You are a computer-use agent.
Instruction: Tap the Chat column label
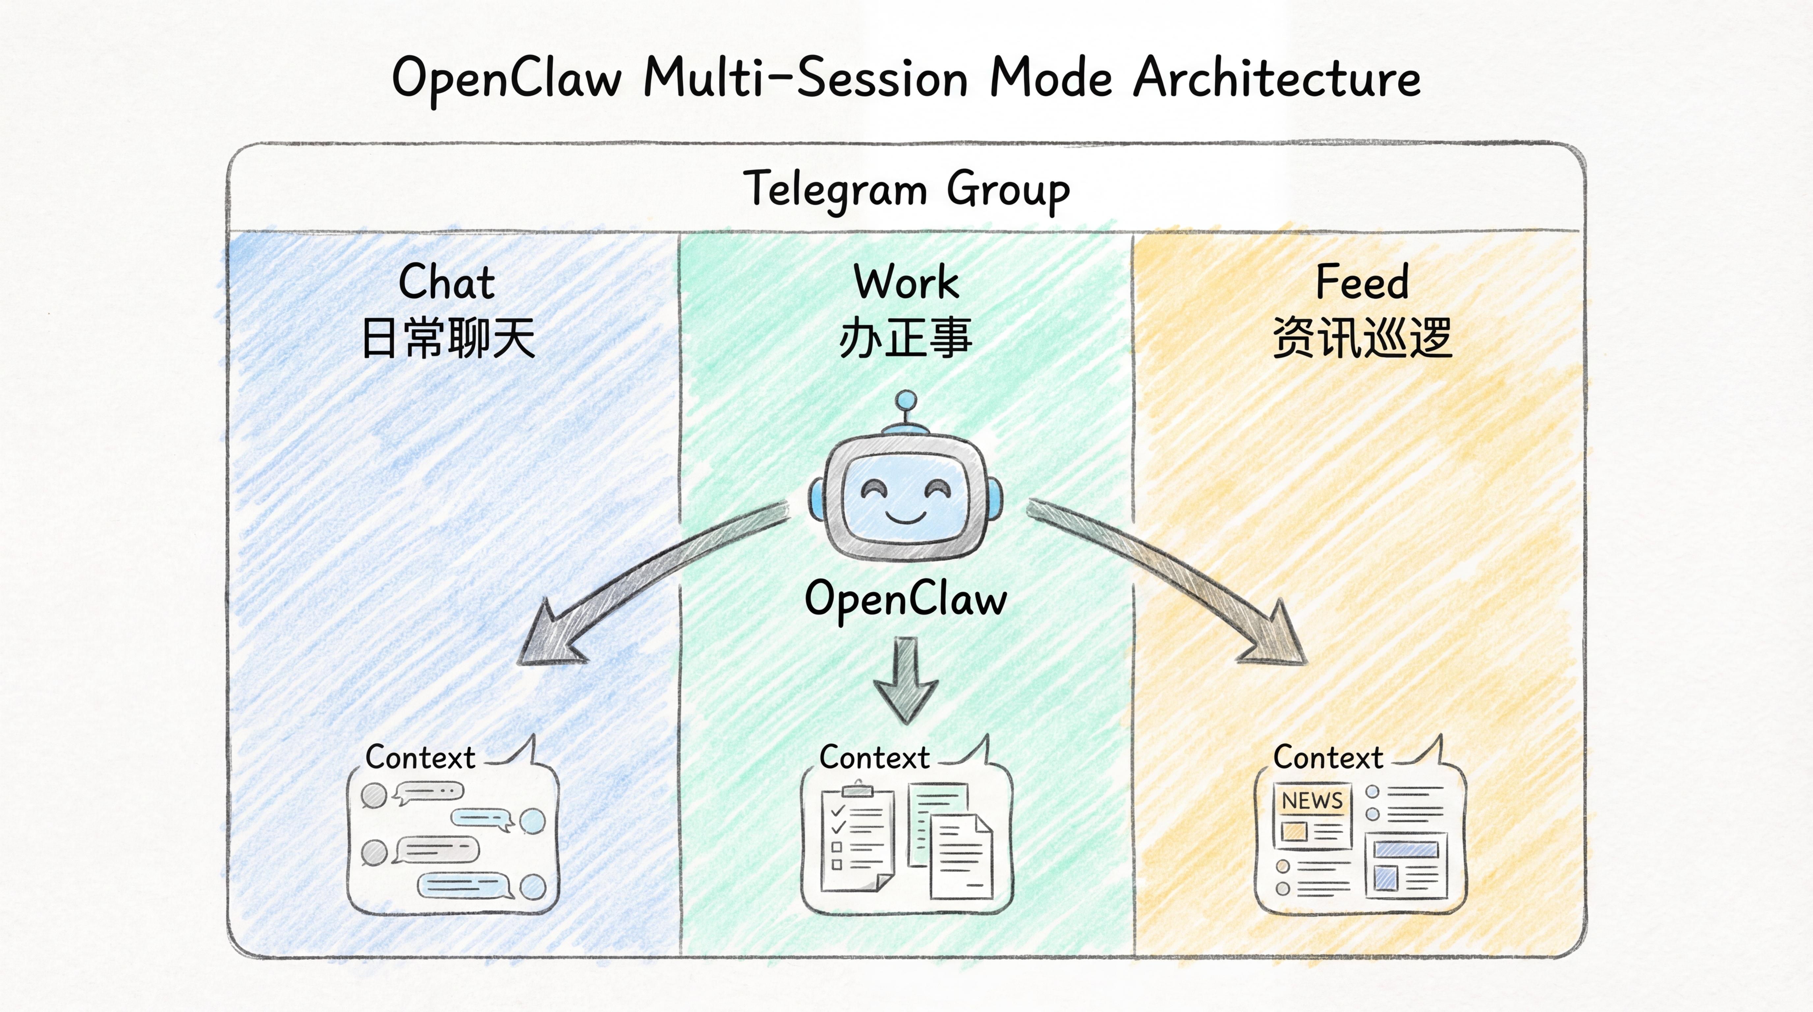click(447, 282)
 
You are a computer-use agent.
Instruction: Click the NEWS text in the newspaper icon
click(1312, 801)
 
